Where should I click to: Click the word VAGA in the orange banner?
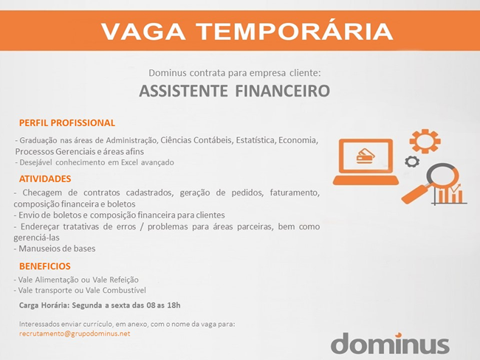143,31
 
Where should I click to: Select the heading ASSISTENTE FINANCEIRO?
235,91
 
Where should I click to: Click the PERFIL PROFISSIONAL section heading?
67,122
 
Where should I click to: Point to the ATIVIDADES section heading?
45,179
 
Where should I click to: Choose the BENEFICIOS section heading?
45,266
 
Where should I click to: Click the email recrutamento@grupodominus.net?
75,333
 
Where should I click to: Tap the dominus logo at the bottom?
390,343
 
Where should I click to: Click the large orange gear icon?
425,142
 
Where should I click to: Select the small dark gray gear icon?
412,162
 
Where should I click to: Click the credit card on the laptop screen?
366,156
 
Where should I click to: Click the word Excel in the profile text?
129,162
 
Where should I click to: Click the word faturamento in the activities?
295,193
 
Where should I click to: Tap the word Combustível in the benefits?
124,290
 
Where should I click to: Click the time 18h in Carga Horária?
174,305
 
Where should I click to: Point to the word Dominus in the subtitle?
168,73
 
